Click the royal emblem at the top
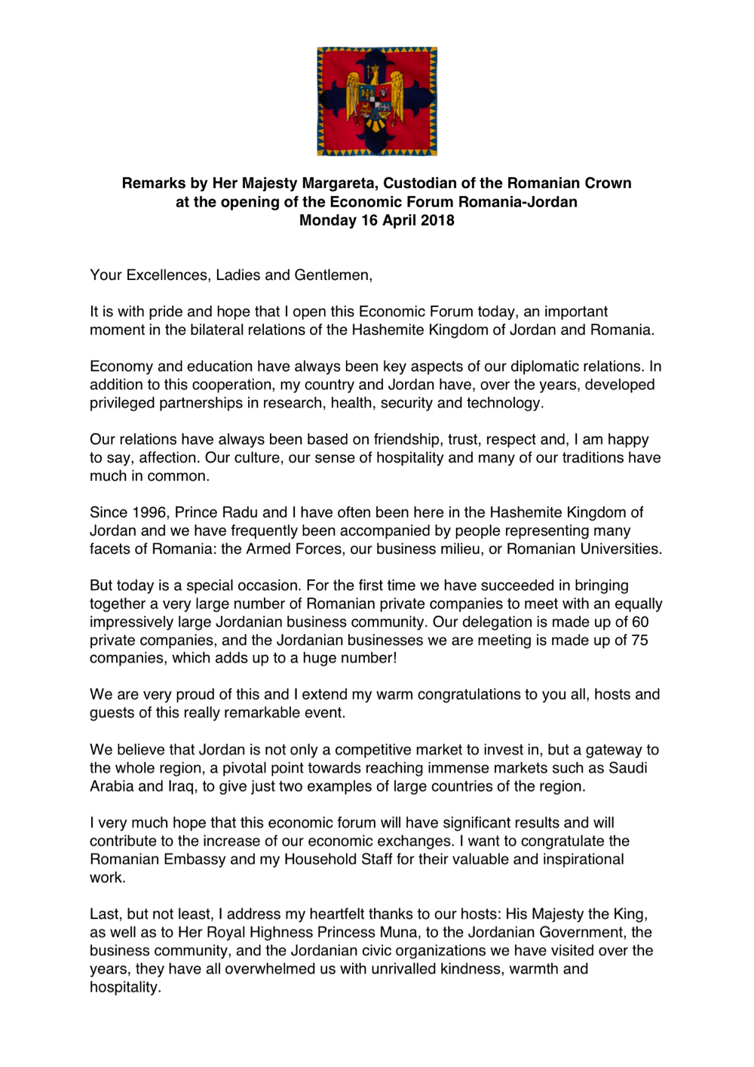click(377, 101)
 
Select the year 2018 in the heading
click(437, 220)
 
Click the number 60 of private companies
click(640, 622)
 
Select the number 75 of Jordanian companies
click(639, 640)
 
